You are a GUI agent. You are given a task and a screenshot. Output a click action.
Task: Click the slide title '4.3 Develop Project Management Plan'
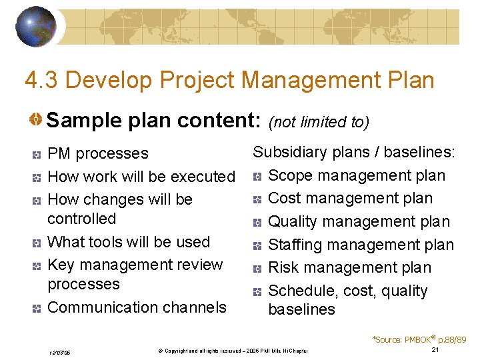point(229,81)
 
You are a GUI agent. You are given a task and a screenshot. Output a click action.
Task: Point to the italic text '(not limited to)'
point(318,122)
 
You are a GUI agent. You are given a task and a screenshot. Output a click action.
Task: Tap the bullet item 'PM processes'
point(98,153)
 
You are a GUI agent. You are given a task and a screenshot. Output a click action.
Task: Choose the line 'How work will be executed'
point(141,177)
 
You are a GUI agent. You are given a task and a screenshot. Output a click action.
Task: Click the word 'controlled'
point(82,219)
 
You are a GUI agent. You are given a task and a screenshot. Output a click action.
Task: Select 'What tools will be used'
point(129,242)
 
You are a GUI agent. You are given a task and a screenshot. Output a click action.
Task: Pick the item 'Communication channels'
point(137,307)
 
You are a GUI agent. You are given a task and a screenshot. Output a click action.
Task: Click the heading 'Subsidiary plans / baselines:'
point(354,152)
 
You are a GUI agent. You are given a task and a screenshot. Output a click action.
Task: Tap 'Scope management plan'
point(356,175)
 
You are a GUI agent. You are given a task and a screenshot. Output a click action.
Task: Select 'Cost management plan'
point(350,199)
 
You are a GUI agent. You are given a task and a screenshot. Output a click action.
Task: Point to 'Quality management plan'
point(359,221)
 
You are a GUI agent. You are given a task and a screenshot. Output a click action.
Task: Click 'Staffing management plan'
point(361,245)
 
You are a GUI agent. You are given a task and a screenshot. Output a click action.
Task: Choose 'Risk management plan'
point(349,267)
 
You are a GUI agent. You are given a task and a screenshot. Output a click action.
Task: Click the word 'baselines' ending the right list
point(301,309)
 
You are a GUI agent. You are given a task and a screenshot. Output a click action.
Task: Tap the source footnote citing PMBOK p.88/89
point(419,339)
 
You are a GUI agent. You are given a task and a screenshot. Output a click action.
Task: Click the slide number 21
point(435,350)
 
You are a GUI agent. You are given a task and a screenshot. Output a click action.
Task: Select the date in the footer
point(61,352)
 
